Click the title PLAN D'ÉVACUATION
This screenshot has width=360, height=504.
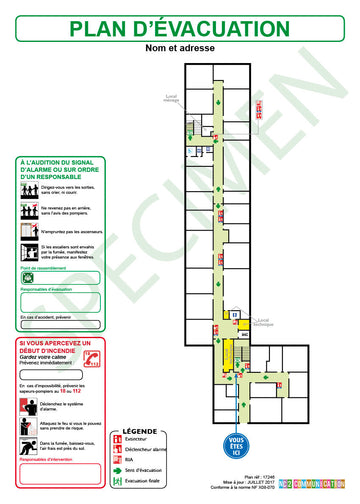pos(180,28)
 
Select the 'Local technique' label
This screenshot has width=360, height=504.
pos(263,324)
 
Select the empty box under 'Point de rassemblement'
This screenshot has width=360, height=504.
pos(58,279)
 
